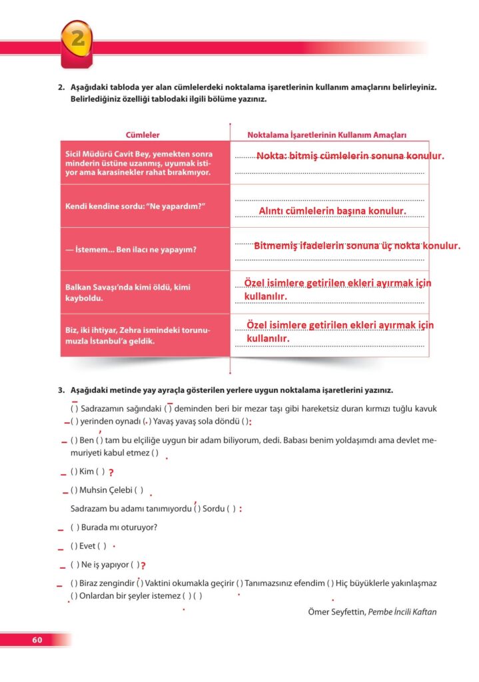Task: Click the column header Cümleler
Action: (143, 135)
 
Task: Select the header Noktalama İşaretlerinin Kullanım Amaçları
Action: (326, 135)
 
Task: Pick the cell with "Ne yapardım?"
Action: (134, 206)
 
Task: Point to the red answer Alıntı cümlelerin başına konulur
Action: (332, 211)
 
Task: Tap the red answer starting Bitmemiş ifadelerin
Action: (347, 246)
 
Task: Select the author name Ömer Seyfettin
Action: (336, 611)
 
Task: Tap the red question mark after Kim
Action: (111, 473)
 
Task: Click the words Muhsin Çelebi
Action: (105, 490)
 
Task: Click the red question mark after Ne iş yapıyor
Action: (143, 565)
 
